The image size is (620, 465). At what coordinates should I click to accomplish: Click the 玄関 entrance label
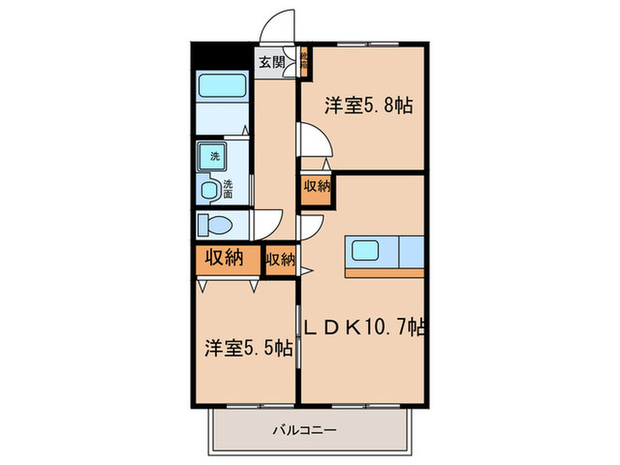(272, 62)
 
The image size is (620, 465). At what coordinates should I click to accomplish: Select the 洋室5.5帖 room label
(246, 348)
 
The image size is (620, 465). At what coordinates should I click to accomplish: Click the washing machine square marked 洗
(213, 157)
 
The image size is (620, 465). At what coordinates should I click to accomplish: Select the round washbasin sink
(210, 189)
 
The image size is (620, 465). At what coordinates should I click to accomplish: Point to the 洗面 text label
(229, 189)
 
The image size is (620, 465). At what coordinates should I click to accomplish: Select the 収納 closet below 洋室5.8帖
(317, 188)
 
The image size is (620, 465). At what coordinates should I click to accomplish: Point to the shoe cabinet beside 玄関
(302, 63)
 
